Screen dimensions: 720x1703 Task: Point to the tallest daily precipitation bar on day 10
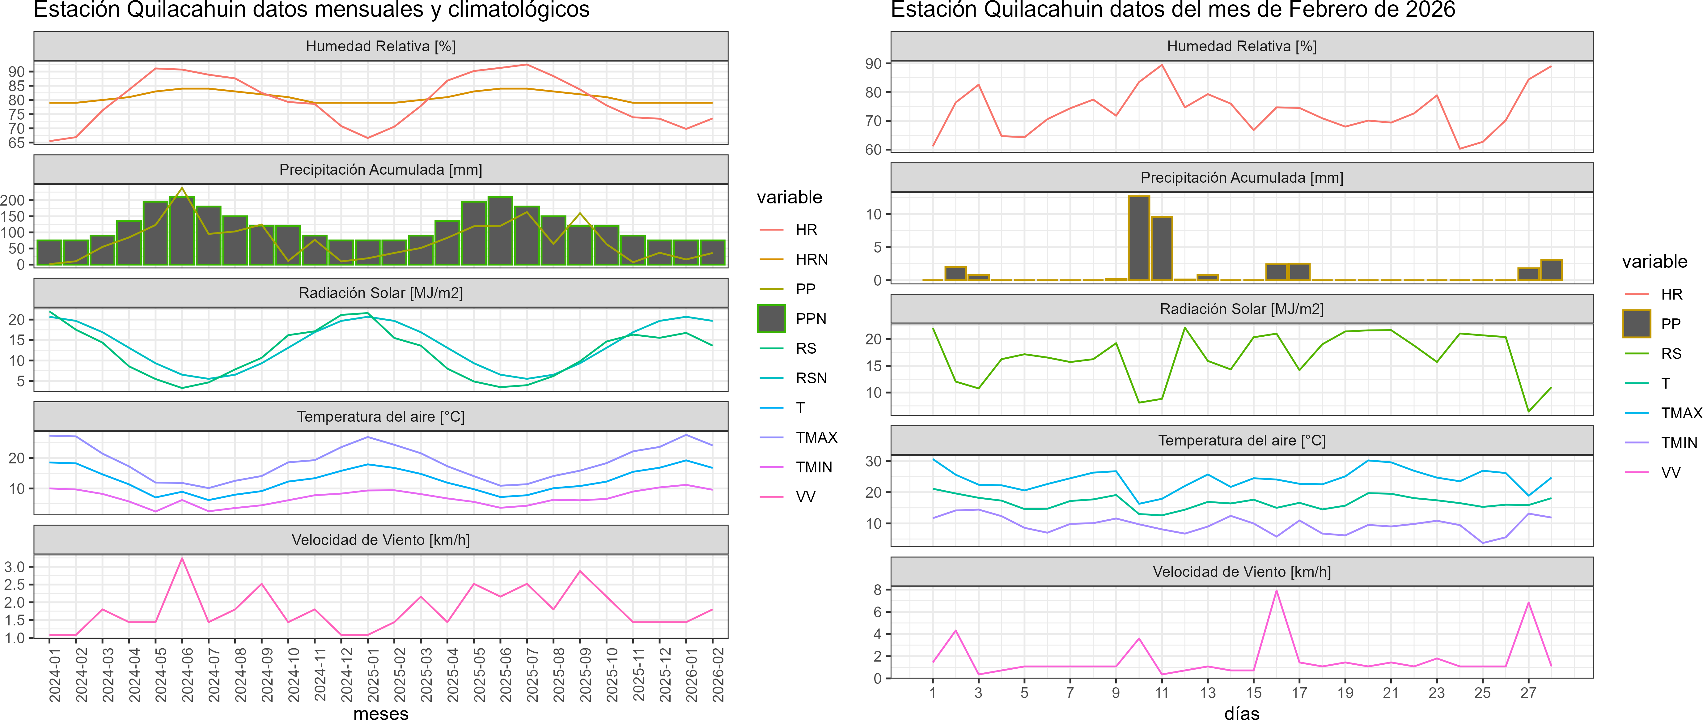point(1138,238)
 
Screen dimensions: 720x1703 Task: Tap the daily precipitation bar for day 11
point(1162,248)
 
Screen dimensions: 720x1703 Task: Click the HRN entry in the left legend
point(811,259)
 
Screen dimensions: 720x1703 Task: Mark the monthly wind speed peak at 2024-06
point(182,559)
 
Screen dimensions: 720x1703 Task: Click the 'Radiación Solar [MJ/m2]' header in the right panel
point(1242,309)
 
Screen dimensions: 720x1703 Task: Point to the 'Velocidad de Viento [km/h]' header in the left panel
point(381,540)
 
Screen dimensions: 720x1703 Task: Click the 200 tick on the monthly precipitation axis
point(13,200)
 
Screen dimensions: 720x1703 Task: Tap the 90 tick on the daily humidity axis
point(873,64)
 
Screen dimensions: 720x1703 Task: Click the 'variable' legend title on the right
point(1654,262)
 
